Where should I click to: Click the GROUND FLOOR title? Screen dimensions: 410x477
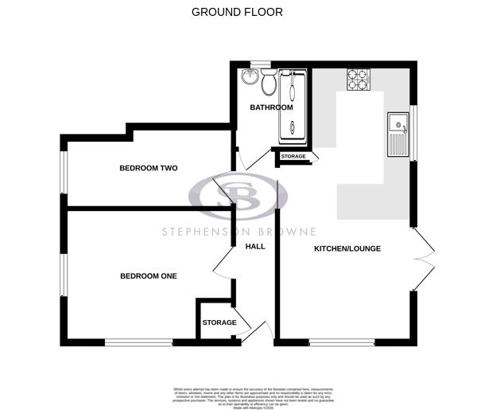coord(237,12)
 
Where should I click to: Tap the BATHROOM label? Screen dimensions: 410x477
coord(272,107)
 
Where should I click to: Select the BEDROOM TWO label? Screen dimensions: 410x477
coord(148,168)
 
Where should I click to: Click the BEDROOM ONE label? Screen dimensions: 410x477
coord(148,276)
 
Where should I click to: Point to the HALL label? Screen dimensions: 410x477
coord(255,246)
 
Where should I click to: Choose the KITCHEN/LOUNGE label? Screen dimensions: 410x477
coord(347,248)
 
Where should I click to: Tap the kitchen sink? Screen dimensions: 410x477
coord(397,134)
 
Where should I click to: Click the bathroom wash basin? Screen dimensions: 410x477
coord(250,76)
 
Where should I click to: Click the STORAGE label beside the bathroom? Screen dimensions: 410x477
coord(293,157)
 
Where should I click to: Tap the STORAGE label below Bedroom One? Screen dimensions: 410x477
coord(219,322)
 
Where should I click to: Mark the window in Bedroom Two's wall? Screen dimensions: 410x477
coord(64,172)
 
